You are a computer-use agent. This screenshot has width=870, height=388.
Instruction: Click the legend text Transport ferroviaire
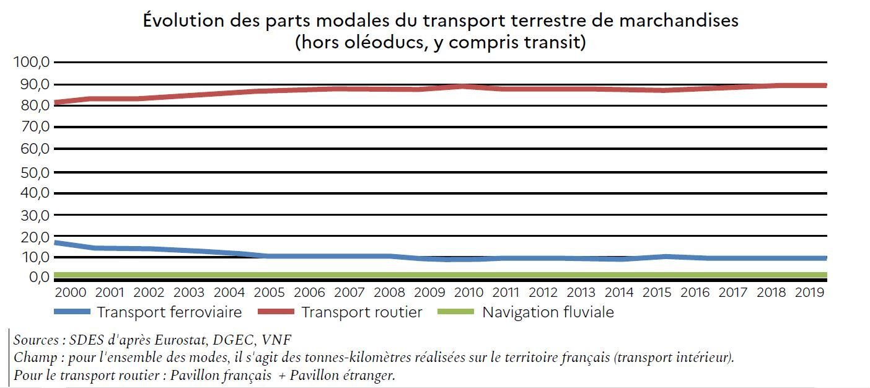169,312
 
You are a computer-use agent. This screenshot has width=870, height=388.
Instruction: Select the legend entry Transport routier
362,312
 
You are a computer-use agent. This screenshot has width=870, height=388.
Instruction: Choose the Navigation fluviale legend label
548,312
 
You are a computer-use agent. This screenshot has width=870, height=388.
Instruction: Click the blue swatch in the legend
72,312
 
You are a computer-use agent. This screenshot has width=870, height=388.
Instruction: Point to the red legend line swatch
276,312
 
